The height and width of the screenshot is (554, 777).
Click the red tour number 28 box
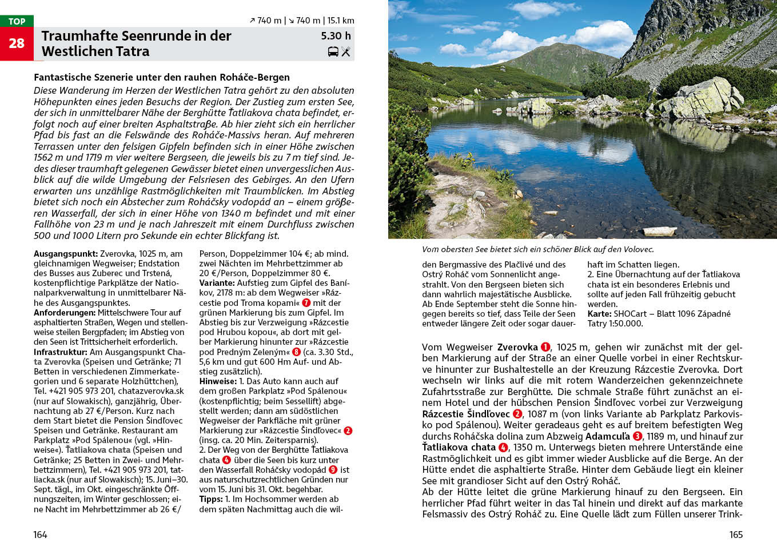(17, 43)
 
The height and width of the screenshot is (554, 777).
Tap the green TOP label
(17, 21)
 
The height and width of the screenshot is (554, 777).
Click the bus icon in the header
(333, 51)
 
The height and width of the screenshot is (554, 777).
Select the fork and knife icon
(346, 51)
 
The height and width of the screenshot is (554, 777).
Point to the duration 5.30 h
(336, 36)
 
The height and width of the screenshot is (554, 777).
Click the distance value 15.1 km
(341, 21)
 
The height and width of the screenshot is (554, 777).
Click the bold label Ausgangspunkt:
(65, 254)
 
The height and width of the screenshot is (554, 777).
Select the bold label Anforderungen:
(65, 313)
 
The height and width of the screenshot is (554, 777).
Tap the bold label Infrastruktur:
(60, 352)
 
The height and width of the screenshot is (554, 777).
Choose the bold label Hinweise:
(218, 381)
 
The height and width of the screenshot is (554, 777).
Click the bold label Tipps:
(210, 499)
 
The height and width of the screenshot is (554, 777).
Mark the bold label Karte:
(599, 314)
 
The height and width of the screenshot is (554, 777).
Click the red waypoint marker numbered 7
(306, 303)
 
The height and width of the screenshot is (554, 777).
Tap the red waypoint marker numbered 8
(296, 352)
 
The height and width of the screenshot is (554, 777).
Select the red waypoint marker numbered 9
(333, 470)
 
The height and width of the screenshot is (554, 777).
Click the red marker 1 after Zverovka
(545, 347)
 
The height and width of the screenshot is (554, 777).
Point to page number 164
(40, 535)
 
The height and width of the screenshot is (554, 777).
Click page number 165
(736, 535)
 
